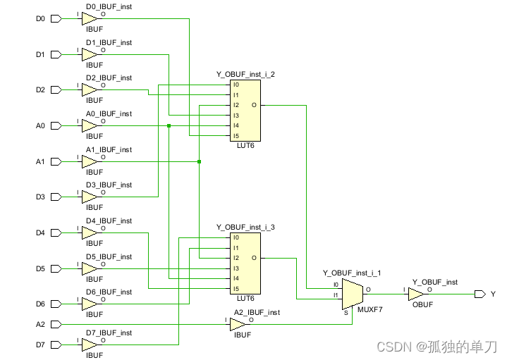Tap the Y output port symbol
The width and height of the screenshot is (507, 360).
click(480, 294)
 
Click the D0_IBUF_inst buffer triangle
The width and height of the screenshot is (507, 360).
click(90, 18)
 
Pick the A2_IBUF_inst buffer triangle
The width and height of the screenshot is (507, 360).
click(238, 324)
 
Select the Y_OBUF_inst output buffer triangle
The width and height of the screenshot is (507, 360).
click(416, 294)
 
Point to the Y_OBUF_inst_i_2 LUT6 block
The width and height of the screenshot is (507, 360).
click(245, 110)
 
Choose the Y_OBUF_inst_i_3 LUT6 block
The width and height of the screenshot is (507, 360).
click(245, 263)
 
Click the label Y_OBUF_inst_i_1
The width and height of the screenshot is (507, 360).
click(352, 273)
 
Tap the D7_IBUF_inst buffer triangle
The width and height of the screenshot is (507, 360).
click(90, 345)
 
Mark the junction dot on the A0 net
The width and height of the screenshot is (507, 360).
click(169, 126)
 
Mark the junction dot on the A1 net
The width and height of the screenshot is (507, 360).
click(200, 162)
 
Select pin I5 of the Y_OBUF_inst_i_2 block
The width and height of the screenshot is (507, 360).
click(236, 136)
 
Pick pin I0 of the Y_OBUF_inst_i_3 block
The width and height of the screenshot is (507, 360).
click(236, 237)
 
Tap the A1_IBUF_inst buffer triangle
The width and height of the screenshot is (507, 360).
click(90, 162)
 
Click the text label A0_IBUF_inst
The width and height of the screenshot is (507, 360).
click(109, 114)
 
